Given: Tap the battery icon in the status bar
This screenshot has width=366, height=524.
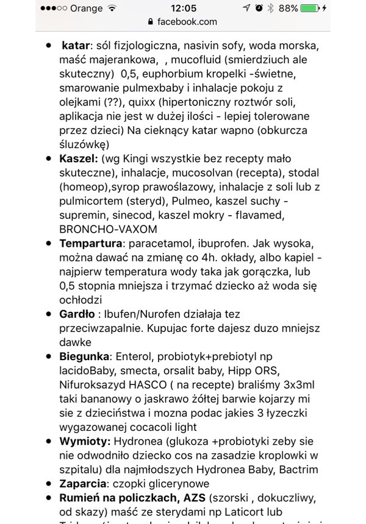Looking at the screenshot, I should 310,9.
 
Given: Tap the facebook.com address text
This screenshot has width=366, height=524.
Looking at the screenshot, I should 187,21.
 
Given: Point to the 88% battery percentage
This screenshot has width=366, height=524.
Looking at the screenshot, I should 288,9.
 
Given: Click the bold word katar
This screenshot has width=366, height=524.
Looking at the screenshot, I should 76,46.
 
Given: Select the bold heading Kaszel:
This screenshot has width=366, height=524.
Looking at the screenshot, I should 79,158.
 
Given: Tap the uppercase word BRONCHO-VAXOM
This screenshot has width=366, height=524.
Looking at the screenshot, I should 109,228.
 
